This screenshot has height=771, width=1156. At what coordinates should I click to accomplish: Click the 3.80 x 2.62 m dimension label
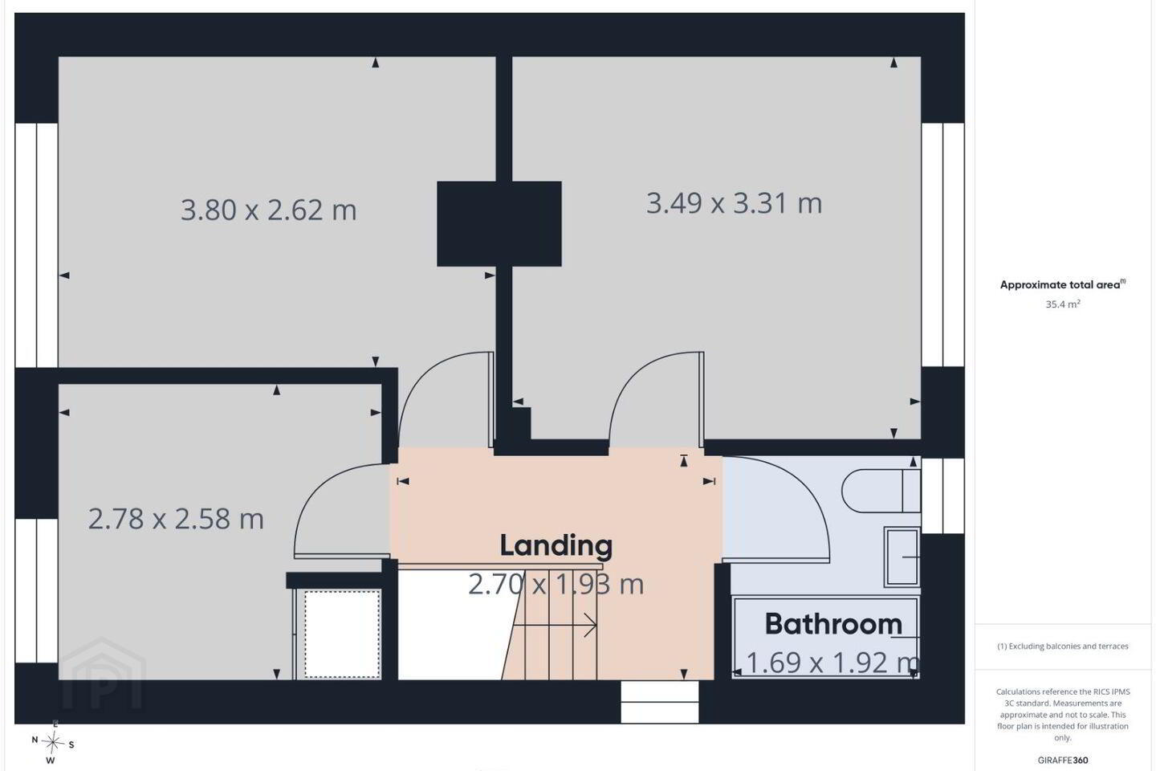coord(268,210)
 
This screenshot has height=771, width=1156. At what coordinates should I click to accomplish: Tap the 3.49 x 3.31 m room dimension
coord(734,203)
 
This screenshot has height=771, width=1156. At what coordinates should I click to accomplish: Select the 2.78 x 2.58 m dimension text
coord(176,519)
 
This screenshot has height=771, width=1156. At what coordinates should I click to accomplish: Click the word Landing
coord(556,546)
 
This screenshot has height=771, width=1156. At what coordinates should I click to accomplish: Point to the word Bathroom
coord(833,624)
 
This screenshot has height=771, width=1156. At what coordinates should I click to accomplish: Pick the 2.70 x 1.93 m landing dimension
coord(556,585)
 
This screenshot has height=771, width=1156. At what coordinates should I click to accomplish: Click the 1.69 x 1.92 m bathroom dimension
coord(832,663)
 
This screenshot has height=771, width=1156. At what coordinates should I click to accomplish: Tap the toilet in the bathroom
coord(881,491)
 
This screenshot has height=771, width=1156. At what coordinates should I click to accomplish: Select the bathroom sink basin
coord(902,557)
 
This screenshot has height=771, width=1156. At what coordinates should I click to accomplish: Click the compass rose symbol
coord(53,743)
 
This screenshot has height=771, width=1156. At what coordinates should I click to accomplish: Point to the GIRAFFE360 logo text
coord(1063,760)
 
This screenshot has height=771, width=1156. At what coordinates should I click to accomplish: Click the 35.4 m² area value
coord(1063,304)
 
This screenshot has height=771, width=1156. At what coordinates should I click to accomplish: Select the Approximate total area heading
coord(1063,284)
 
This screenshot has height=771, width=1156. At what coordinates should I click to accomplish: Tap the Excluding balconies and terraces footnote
coord(1063,646)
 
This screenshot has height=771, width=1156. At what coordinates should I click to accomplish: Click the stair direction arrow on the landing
coord(556,626)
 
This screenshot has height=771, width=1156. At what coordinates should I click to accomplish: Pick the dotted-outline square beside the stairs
coord(342,634)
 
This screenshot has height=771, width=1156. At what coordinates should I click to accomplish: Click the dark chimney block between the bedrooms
coord(499,223)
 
